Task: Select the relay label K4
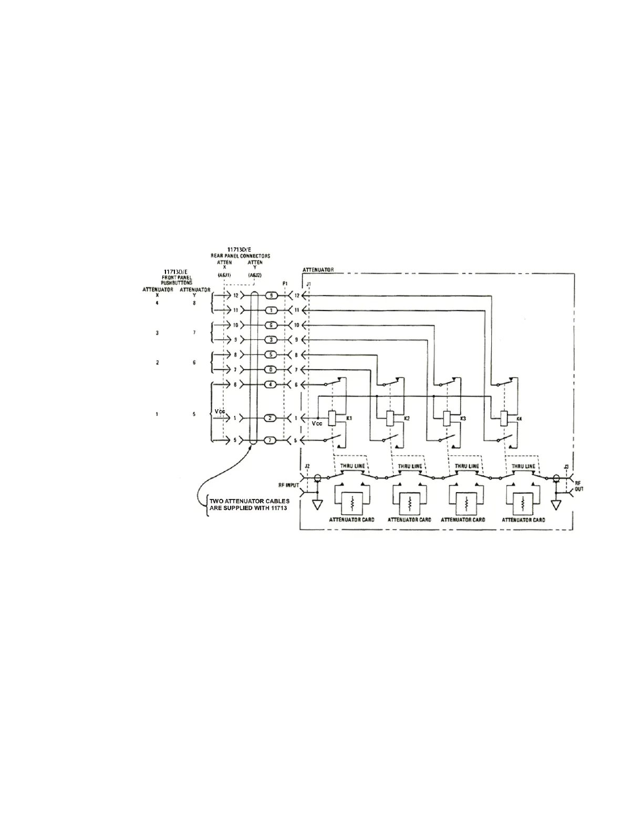pos(519,418)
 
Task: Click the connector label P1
pos(285,284)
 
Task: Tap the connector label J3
pos(565,466)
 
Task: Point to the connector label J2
pos(307,466)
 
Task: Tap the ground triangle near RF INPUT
pos(317,505)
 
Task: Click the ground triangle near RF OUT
pos(556,505)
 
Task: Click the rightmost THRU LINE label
pos(523,466)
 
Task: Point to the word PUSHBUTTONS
pos(177,283)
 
